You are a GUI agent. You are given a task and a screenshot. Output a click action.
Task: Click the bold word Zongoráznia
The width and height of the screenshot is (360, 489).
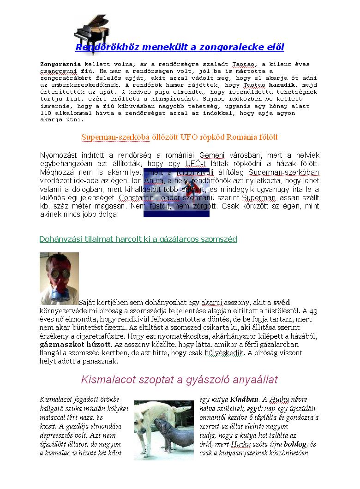coord(60,64)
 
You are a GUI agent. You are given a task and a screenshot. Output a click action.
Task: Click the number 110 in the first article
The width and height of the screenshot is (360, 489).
coord(46,113)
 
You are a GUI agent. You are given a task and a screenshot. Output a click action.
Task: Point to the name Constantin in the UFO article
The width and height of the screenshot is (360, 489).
coord(137,197)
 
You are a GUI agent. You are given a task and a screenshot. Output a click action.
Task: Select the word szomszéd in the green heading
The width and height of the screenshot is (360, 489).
coord(219,239)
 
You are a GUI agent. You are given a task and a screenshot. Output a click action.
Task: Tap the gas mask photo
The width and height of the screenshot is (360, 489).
coord(59,278)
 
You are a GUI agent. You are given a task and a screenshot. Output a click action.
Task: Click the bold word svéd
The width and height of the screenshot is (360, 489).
coord(282,303)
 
